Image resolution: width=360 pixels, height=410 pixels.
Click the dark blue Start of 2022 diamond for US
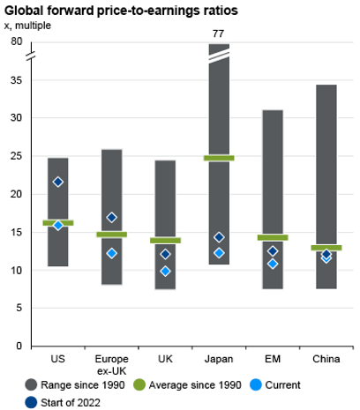(58, 182)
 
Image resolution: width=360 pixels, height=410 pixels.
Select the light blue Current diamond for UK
(165, 271)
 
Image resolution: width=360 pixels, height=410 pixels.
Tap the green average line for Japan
(219, 158)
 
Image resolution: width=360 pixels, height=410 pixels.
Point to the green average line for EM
(273, 237)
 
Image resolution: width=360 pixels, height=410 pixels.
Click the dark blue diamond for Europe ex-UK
(111, 218)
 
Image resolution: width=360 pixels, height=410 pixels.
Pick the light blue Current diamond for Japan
(219, 253)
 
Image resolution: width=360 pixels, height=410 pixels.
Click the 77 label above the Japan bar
(218, 34)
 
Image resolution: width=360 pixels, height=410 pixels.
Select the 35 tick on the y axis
(16, 80)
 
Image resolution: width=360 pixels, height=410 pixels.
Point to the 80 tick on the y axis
(16, 41)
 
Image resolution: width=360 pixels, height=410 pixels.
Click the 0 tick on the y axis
(19, 346)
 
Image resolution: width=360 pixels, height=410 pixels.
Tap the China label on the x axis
(326, 359)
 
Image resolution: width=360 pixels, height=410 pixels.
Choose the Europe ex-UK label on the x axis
(111, 365)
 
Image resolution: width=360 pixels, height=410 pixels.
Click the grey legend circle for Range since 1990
(31, 385)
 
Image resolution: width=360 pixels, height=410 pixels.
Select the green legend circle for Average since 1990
(139, 385)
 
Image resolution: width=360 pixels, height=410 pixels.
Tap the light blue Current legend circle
(255, 385)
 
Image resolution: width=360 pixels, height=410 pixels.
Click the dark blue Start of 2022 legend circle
(31, 403)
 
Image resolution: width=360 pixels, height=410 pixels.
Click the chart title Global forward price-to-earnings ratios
(121, 11)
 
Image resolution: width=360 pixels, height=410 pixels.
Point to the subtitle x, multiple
(27, 26)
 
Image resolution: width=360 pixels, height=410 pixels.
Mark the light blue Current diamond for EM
(273, 264)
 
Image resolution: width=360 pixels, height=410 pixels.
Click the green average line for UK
(165, 241)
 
